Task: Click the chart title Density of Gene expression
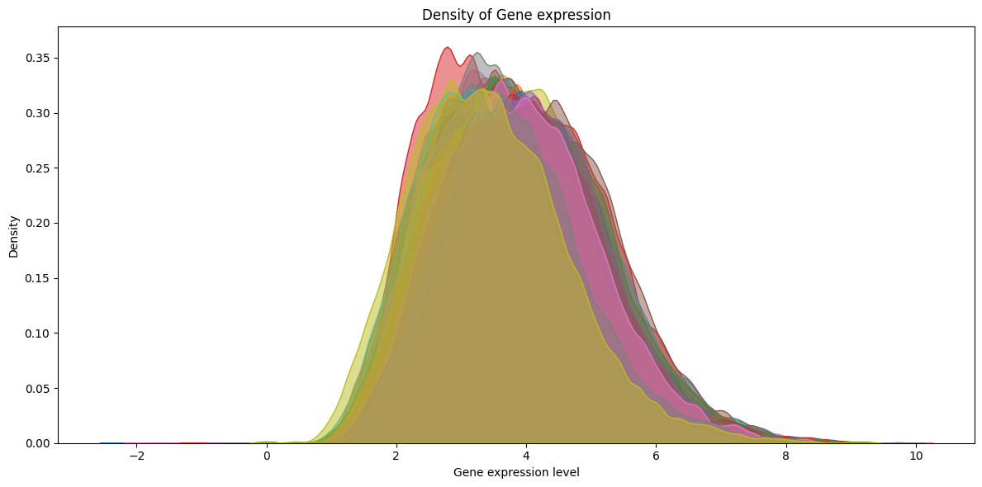516,15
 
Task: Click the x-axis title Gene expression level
516,472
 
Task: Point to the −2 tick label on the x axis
137,456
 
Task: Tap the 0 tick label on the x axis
267,456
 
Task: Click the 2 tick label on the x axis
396,456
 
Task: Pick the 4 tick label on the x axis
526,456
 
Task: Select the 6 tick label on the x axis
656,456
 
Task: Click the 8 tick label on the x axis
785,456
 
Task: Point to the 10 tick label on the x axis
915,456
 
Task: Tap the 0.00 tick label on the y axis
37,443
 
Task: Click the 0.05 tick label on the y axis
37,388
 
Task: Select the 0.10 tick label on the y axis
37,333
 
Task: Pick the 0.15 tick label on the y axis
37,278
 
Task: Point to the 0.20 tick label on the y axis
37,223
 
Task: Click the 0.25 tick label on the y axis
37,168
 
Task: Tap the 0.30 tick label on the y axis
37,113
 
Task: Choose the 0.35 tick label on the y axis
37,58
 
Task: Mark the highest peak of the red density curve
448,47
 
